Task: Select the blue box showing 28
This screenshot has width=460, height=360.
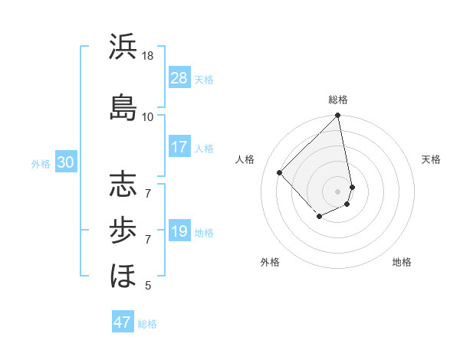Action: click(179, 78)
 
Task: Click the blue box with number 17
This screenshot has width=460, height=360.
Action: click(179, 148)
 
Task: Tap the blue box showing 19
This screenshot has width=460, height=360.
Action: click(179, 232)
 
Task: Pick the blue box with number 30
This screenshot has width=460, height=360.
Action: click(65, 162)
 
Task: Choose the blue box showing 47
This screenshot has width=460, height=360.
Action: click(123, 322)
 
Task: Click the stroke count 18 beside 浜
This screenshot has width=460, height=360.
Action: click(148, 56)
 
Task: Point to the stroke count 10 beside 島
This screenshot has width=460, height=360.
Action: click(148, 116)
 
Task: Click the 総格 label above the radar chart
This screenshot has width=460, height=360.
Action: click(338, 100)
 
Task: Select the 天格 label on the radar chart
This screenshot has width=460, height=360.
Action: click(431, 159)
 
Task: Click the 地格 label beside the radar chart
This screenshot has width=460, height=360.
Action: click(402, 262)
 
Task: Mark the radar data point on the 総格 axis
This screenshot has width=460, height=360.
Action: click(338, 116)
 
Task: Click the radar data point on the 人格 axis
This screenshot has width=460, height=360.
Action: click(280, 172)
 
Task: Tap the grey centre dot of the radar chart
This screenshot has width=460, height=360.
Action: click(338, 191)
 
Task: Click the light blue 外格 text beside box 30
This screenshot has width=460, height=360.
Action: click(41, 163)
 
